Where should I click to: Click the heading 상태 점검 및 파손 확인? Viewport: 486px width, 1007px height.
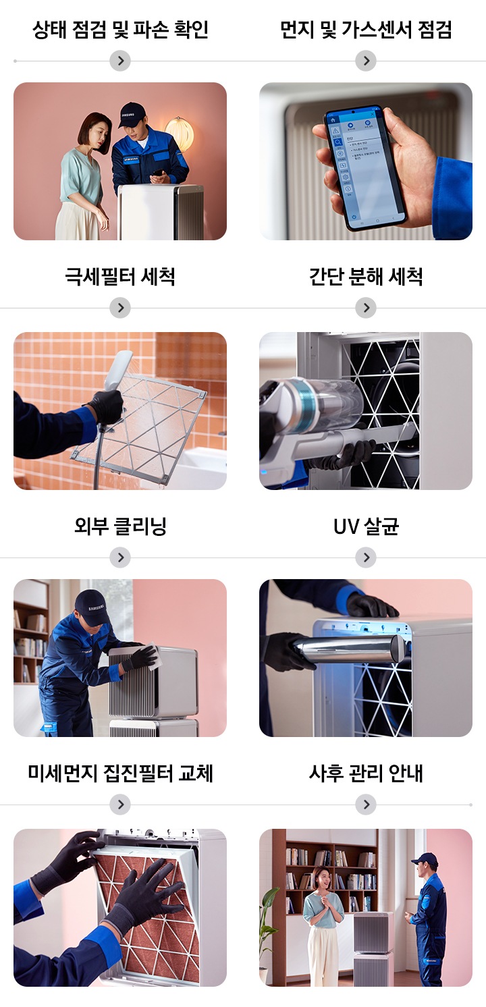(120, 30)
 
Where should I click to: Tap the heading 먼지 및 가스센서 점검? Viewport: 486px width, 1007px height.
(365, 30)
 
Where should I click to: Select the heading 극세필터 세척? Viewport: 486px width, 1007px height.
(120, 277)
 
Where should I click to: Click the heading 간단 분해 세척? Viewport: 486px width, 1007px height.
(365, 277)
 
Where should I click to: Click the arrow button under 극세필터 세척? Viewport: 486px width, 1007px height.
(119, 308)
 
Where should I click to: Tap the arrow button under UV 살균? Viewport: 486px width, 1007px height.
(365, 557)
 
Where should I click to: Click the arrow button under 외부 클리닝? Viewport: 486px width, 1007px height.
(119, 557)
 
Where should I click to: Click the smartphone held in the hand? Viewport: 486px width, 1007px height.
(364, 165)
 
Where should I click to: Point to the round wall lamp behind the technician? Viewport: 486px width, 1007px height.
(180, 132)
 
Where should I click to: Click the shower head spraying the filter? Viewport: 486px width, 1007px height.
(118, 369)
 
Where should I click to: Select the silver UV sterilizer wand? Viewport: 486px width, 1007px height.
(351, 649)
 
